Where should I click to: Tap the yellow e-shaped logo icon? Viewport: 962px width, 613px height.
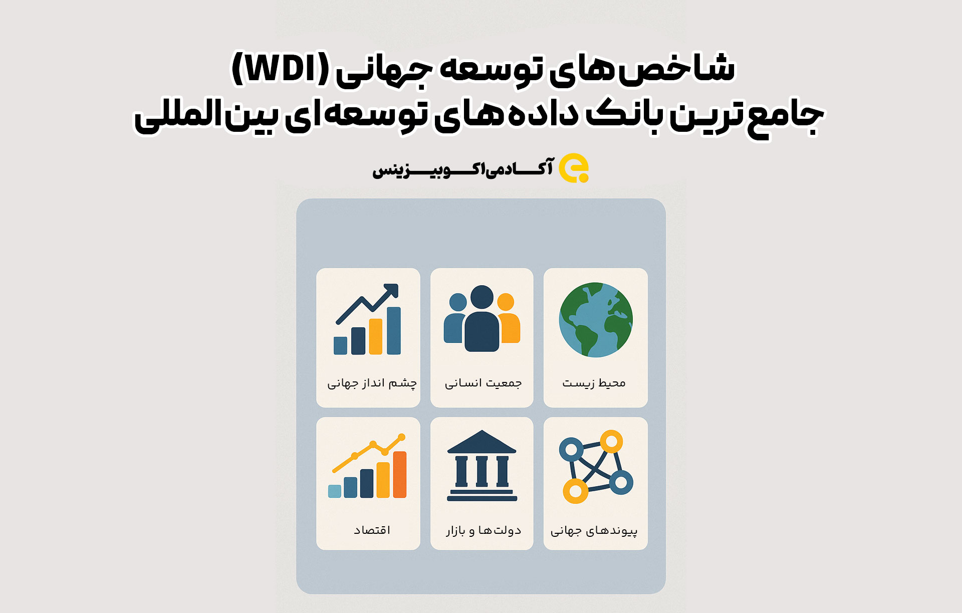coord(574,168)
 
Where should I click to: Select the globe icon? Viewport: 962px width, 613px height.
coord(596,320)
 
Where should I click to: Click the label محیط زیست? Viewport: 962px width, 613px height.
coord(594,383)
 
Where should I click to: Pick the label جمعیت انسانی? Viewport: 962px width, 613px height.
coord(483,383)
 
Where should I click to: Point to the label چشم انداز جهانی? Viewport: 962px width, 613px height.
coord(372,383)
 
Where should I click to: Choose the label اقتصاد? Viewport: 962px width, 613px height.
coord(372,530)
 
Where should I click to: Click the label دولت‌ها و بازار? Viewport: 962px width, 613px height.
coord(484,530)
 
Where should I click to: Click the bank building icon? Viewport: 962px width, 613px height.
coord(482,466)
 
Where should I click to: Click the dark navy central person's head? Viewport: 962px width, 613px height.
coord(482,297)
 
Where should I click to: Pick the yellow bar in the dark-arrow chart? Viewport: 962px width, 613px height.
coord(376,336)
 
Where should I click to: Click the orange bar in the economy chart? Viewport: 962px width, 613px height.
coord(400,474)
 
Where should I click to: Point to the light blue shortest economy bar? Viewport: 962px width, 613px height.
coord(335,491)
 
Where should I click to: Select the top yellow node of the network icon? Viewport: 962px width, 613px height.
coord(611,442)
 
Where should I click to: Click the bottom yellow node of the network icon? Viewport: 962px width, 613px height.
coord(576,491)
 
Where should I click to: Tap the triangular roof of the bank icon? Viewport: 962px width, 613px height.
coord(482,442)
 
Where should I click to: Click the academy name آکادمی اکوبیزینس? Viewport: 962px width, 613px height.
coord(462,168)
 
